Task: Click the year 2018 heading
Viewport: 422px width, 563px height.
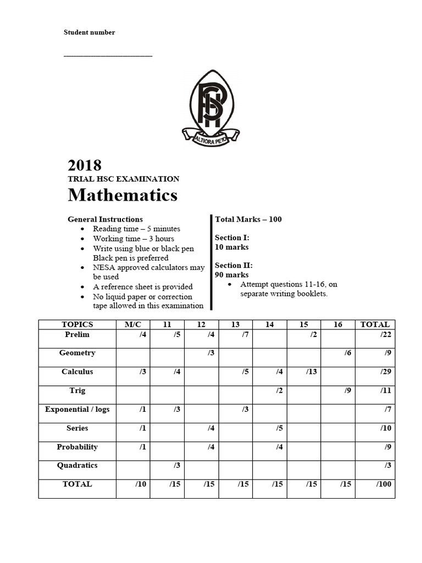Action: click(85, 165)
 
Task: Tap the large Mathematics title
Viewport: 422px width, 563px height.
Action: click(123, 195)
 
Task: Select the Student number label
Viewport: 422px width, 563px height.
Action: click(90, 32)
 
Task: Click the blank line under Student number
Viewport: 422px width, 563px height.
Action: click(108, 55)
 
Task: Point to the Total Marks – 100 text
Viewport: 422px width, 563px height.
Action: click(248, 219)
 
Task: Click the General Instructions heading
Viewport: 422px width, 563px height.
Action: click(105, 219)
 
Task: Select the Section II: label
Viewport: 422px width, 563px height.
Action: click(234, 266)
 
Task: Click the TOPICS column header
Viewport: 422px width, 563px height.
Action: click(77, 324)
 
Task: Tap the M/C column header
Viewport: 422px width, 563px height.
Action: click(133, 324)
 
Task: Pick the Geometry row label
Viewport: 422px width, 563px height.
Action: click(77, 353)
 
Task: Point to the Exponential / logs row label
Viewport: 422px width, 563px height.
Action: click(77, 410)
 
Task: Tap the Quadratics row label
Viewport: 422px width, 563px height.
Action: click(77, 466)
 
